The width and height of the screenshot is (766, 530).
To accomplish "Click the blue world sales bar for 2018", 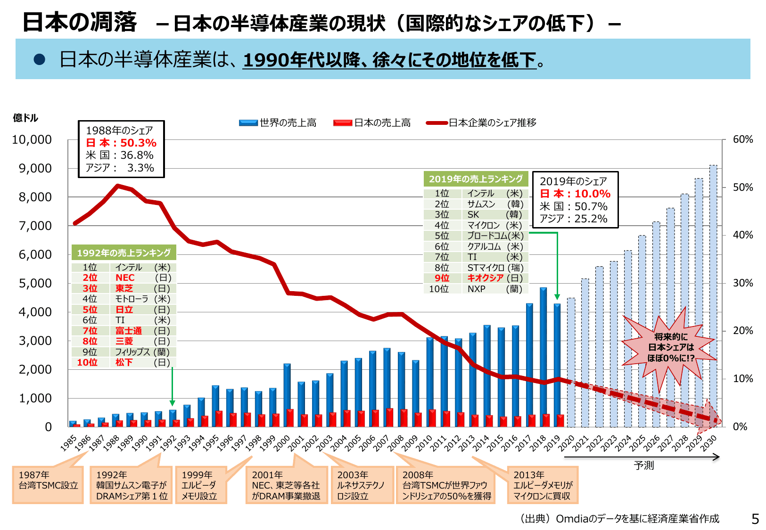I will point(543,358).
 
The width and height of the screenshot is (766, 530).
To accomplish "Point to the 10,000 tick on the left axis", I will point(32,139).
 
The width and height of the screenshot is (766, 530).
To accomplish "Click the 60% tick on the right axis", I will point(743,139).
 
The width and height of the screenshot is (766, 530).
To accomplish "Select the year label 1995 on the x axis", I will point(211,443).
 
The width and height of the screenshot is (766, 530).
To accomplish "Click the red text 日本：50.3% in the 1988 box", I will point(121,143).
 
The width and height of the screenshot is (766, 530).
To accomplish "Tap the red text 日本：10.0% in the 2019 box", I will point(575,194).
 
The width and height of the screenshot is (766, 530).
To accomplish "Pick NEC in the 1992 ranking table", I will point(125,278).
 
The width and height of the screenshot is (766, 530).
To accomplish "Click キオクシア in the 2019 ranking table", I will point(485,278).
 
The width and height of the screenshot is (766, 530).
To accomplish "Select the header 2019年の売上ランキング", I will point(476,179).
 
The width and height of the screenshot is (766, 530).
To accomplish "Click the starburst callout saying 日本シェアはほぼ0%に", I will point(671,348).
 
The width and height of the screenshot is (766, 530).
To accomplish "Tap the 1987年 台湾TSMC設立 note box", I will point(48,485).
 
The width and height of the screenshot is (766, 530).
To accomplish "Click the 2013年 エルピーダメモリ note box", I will point(543,485).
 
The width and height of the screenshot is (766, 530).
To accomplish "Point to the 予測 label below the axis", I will point(643,465).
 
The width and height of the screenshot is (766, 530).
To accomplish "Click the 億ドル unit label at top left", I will point(25,118).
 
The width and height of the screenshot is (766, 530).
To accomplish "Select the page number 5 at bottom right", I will point(755,519).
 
